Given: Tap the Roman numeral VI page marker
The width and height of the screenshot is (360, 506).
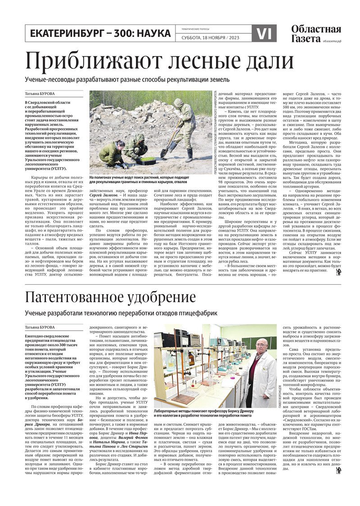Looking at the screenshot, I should [264, 34].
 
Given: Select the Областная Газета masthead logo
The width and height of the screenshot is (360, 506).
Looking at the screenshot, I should [315, 34].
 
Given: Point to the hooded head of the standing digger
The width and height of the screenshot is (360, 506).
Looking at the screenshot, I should [178, 103].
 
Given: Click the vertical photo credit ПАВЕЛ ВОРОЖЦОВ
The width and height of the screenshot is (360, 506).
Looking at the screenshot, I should [281, 395].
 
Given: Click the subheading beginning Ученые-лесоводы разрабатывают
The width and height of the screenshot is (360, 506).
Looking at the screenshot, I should [127, 80].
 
